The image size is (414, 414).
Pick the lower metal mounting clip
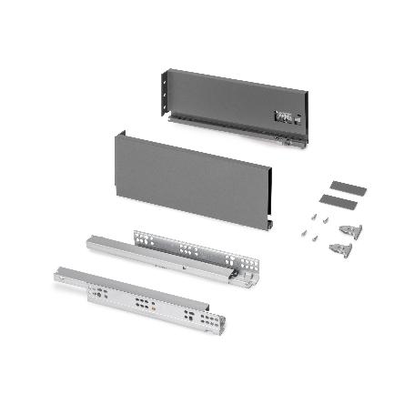point(338,248)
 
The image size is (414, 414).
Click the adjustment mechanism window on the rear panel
point(284,116)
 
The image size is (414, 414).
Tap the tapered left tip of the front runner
point(57,270)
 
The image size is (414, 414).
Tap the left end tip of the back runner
point(89,241)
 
